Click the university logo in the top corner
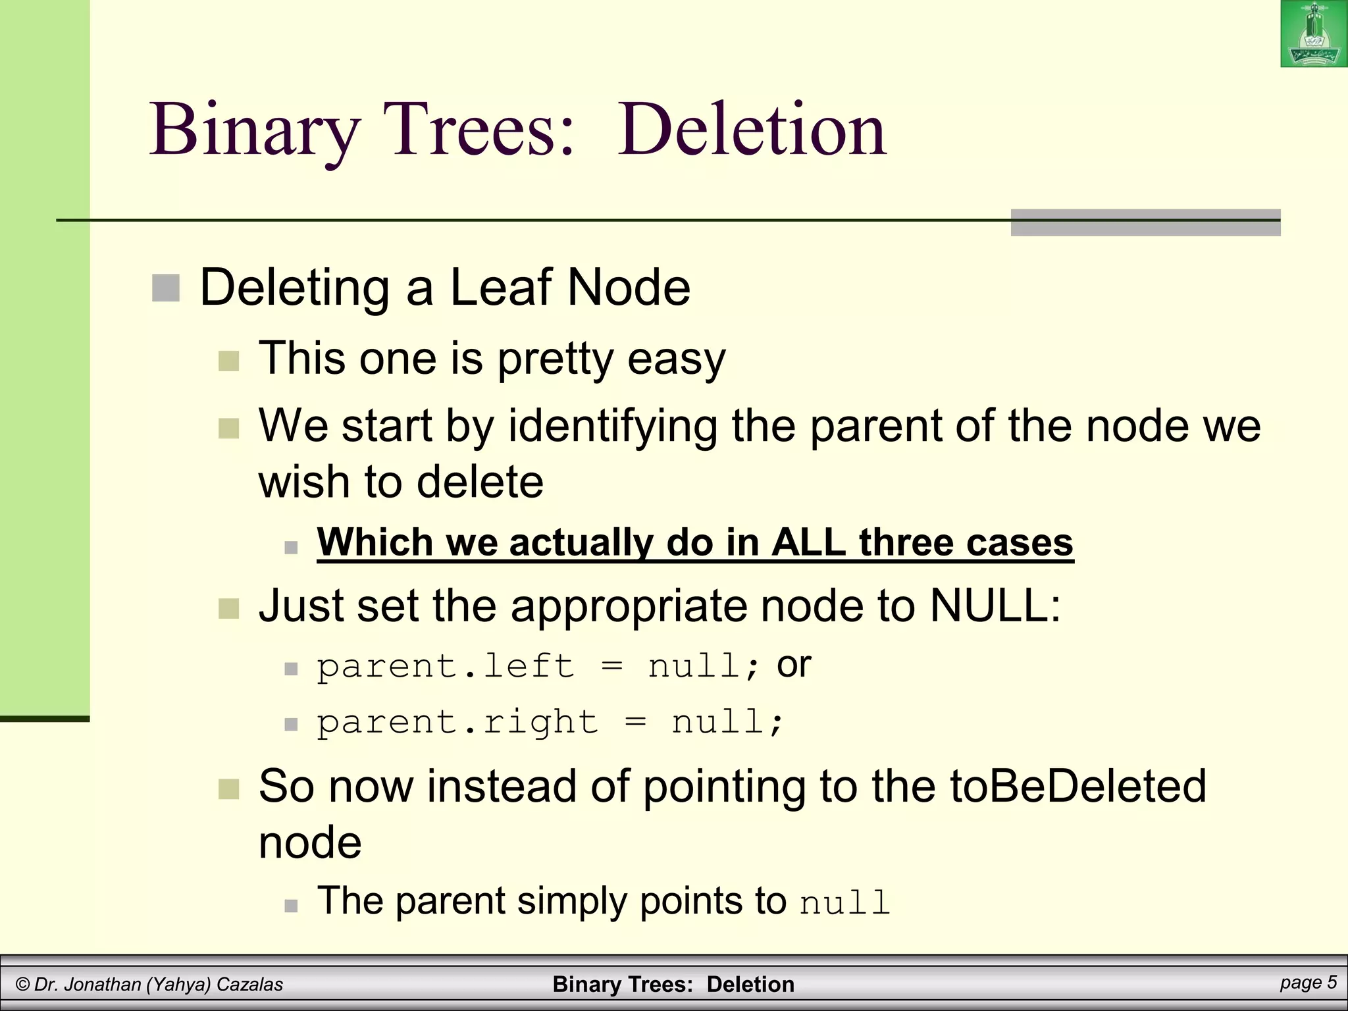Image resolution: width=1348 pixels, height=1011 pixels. (x=1313, y=34)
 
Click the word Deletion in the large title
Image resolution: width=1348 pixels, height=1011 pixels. (x=752, y=130)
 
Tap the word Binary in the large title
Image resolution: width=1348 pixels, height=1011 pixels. (x=255, y=130)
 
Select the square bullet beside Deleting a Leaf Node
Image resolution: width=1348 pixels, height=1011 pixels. (x=166, y=288)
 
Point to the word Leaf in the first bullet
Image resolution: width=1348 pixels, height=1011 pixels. (x=500, y=288)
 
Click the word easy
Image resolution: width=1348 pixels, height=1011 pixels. (x=676, y=359)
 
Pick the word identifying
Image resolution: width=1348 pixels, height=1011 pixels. (x=613, y=426)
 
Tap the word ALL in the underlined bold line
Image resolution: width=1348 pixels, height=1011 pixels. (x=809, y=542)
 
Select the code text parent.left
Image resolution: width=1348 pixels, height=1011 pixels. (x=446, y=666)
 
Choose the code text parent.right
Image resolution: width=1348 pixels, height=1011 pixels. (x=457, y=722)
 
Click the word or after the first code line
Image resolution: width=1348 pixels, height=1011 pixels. (x=794, y=665)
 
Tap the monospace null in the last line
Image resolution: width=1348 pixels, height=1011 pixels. (x=844, y=903)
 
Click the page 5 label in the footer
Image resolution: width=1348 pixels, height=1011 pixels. (x=1309, y=983)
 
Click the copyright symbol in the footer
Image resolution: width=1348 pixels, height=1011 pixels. (x=22, y=985)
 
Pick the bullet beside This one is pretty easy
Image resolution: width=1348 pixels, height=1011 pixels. (x=228, y=361)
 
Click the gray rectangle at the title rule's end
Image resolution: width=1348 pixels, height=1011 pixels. (x=1145, y=222)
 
